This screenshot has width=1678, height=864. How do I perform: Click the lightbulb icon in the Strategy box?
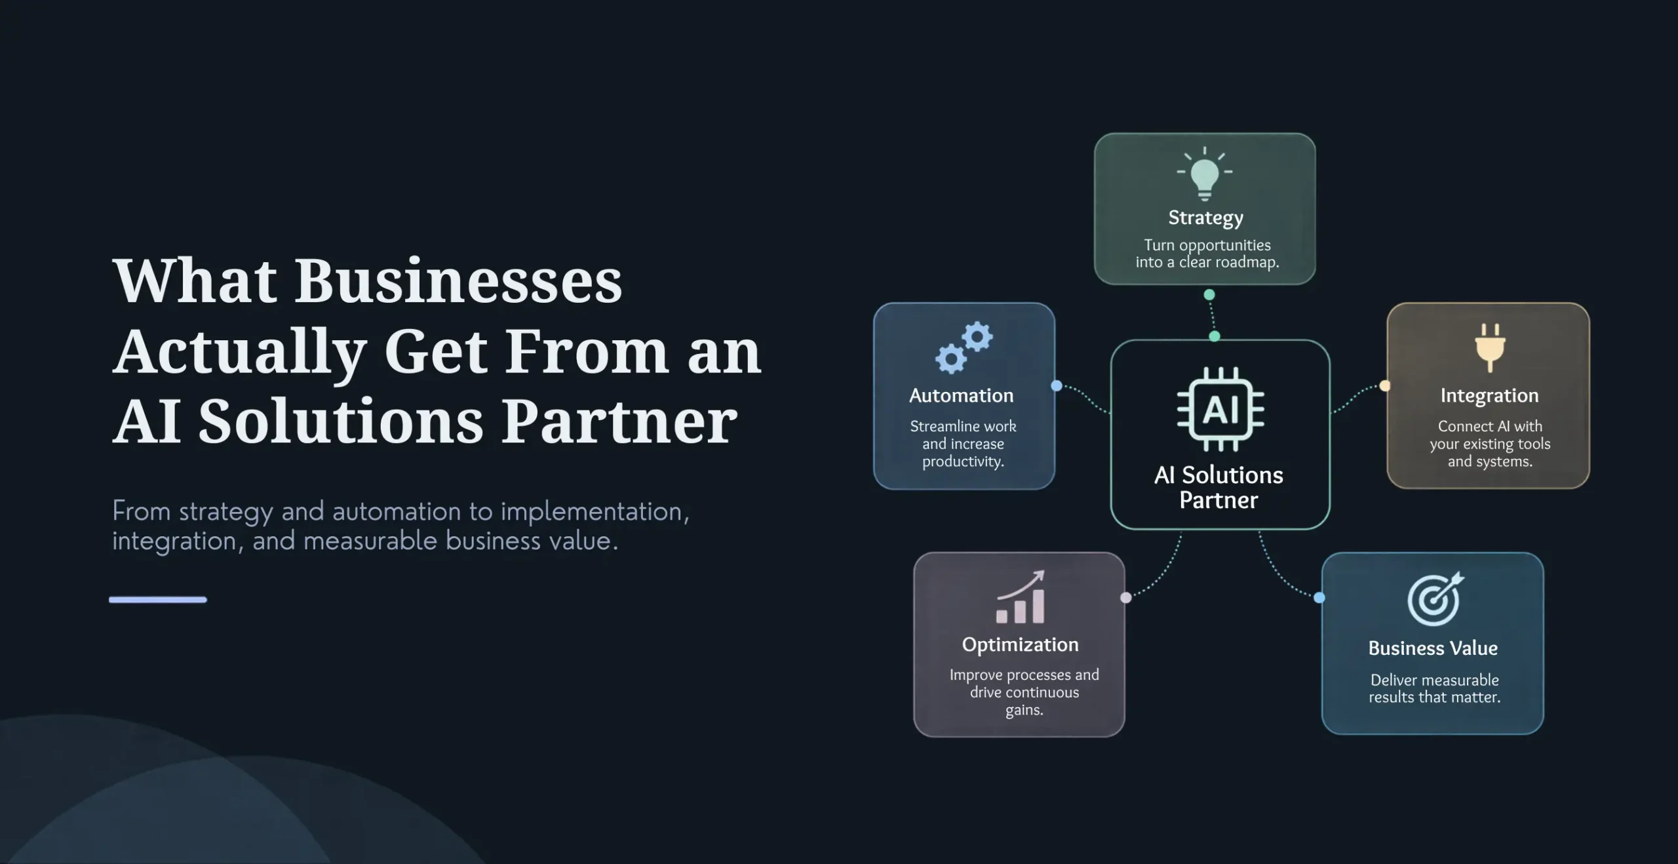[x=1205, y=173]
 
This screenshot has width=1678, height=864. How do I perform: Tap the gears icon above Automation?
[x=964, y=347]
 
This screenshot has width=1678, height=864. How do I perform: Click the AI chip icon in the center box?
[x=1220, y=409]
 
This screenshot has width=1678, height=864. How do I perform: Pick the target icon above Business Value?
[x=1435, y=599]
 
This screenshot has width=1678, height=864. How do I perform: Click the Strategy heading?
[x=1205, y=218]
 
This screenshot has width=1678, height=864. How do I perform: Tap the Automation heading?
[x=962, y=395]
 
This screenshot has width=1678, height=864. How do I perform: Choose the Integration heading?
[x=1489, y=396]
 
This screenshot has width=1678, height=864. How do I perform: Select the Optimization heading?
[x=1020, y=645]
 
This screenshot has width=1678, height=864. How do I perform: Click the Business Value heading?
[x=1433, y=648]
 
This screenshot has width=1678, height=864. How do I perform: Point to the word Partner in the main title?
[x=619, y=421]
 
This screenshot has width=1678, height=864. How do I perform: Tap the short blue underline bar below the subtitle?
[x=158, y=599]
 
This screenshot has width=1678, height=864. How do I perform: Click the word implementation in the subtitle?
[x=595, y=512]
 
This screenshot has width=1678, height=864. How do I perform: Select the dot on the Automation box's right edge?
[x=1057, y=386]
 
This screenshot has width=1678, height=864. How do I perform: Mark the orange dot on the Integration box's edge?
[x=1385, y=386]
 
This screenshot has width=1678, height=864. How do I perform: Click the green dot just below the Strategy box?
[x=1209, y=295]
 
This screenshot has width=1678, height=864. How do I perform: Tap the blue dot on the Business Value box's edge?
[x=1319, y=598]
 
